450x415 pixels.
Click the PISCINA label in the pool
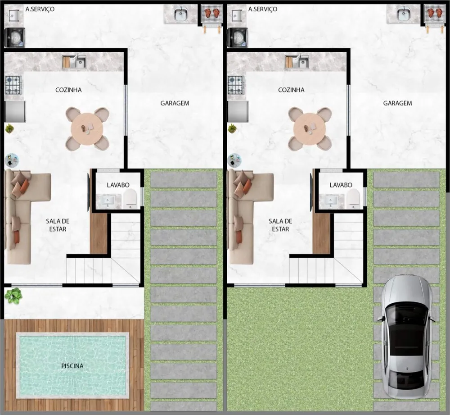pos(72,366)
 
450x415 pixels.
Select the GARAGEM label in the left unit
pos(175,103)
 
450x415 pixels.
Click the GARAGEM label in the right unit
pos(397,103)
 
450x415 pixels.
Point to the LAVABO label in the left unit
pos(118,185)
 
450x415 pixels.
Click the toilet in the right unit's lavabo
pos(353,198)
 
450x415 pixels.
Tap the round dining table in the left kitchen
pos(87,129)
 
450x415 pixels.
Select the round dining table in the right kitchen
pos(310,129)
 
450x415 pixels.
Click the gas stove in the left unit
pos(13,85)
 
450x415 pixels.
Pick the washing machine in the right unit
pos(237,37)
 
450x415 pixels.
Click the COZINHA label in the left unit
pos(68,90)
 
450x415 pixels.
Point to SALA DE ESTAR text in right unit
pos(280,225)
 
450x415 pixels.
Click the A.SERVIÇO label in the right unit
pos(263,9)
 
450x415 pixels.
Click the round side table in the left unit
pos(12,160)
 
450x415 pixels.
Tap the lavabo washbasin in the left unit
pos(108,201)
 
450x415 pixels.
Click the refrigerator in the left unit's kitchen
pos(15,111)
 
